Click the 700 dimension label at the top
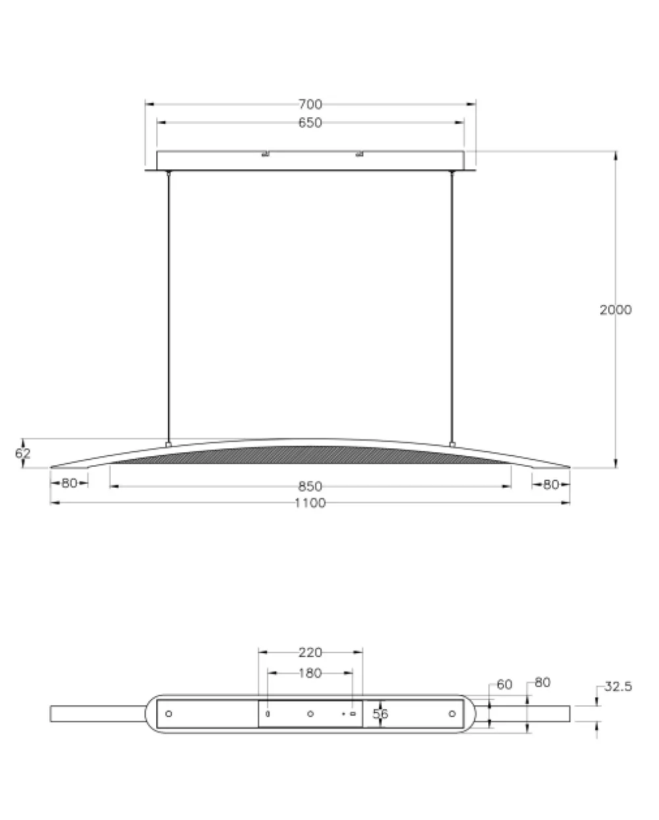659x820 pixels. [310, 104]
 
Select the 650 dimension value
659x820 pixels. [310, 123]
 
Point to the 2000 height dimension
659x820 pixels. [616, 310]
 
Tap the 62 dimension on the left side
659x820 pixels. [23, 453]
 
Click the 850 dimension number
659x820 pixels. [310, 486]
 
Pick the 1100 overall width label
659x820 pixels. [310, 503]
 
